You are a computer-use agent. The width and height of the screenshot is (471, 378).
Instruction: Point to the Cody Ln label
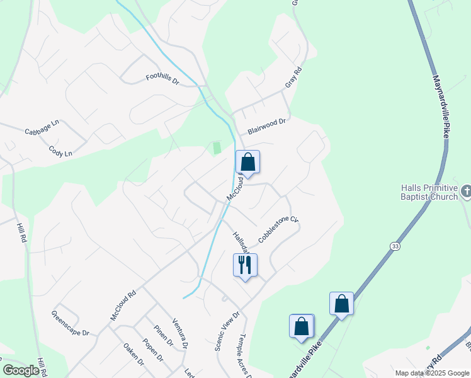tap(60, 151)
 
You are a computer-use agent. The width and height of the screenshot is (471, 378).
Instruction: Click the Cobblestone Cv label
tap(277, 228)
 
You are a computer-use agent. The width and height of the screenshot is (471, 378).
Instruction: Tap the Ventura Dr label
tap(180, 334)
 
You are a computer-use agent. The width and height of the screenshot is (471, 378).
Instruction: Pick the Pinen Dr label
tap(163, 335)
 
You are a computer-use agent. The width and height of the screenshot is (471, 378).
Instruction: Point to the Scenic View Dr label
tap(227, 331)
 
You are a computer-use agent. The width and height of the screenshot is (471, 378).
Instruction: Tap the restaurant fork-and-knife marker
tap(245, 264)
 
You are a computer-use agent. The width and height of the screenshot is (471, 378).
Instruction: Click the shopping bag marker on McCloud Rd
tap(248, 163)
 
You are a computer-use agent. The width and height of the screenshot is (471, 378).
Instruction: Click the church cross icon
tap(466, 190)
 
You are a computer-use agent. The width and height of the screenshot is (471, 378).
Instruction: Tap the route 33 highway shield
tap(394, 245)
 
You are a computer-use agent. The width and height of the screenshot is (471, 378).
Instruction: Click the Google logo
tap(21, 370)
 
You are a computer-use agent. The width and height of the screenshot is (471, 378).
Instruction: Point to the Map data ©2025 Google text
tap(431, 373)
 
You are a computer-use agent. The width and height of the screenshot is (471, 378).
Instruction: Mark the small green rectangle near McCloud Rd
tap(217, 148)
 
